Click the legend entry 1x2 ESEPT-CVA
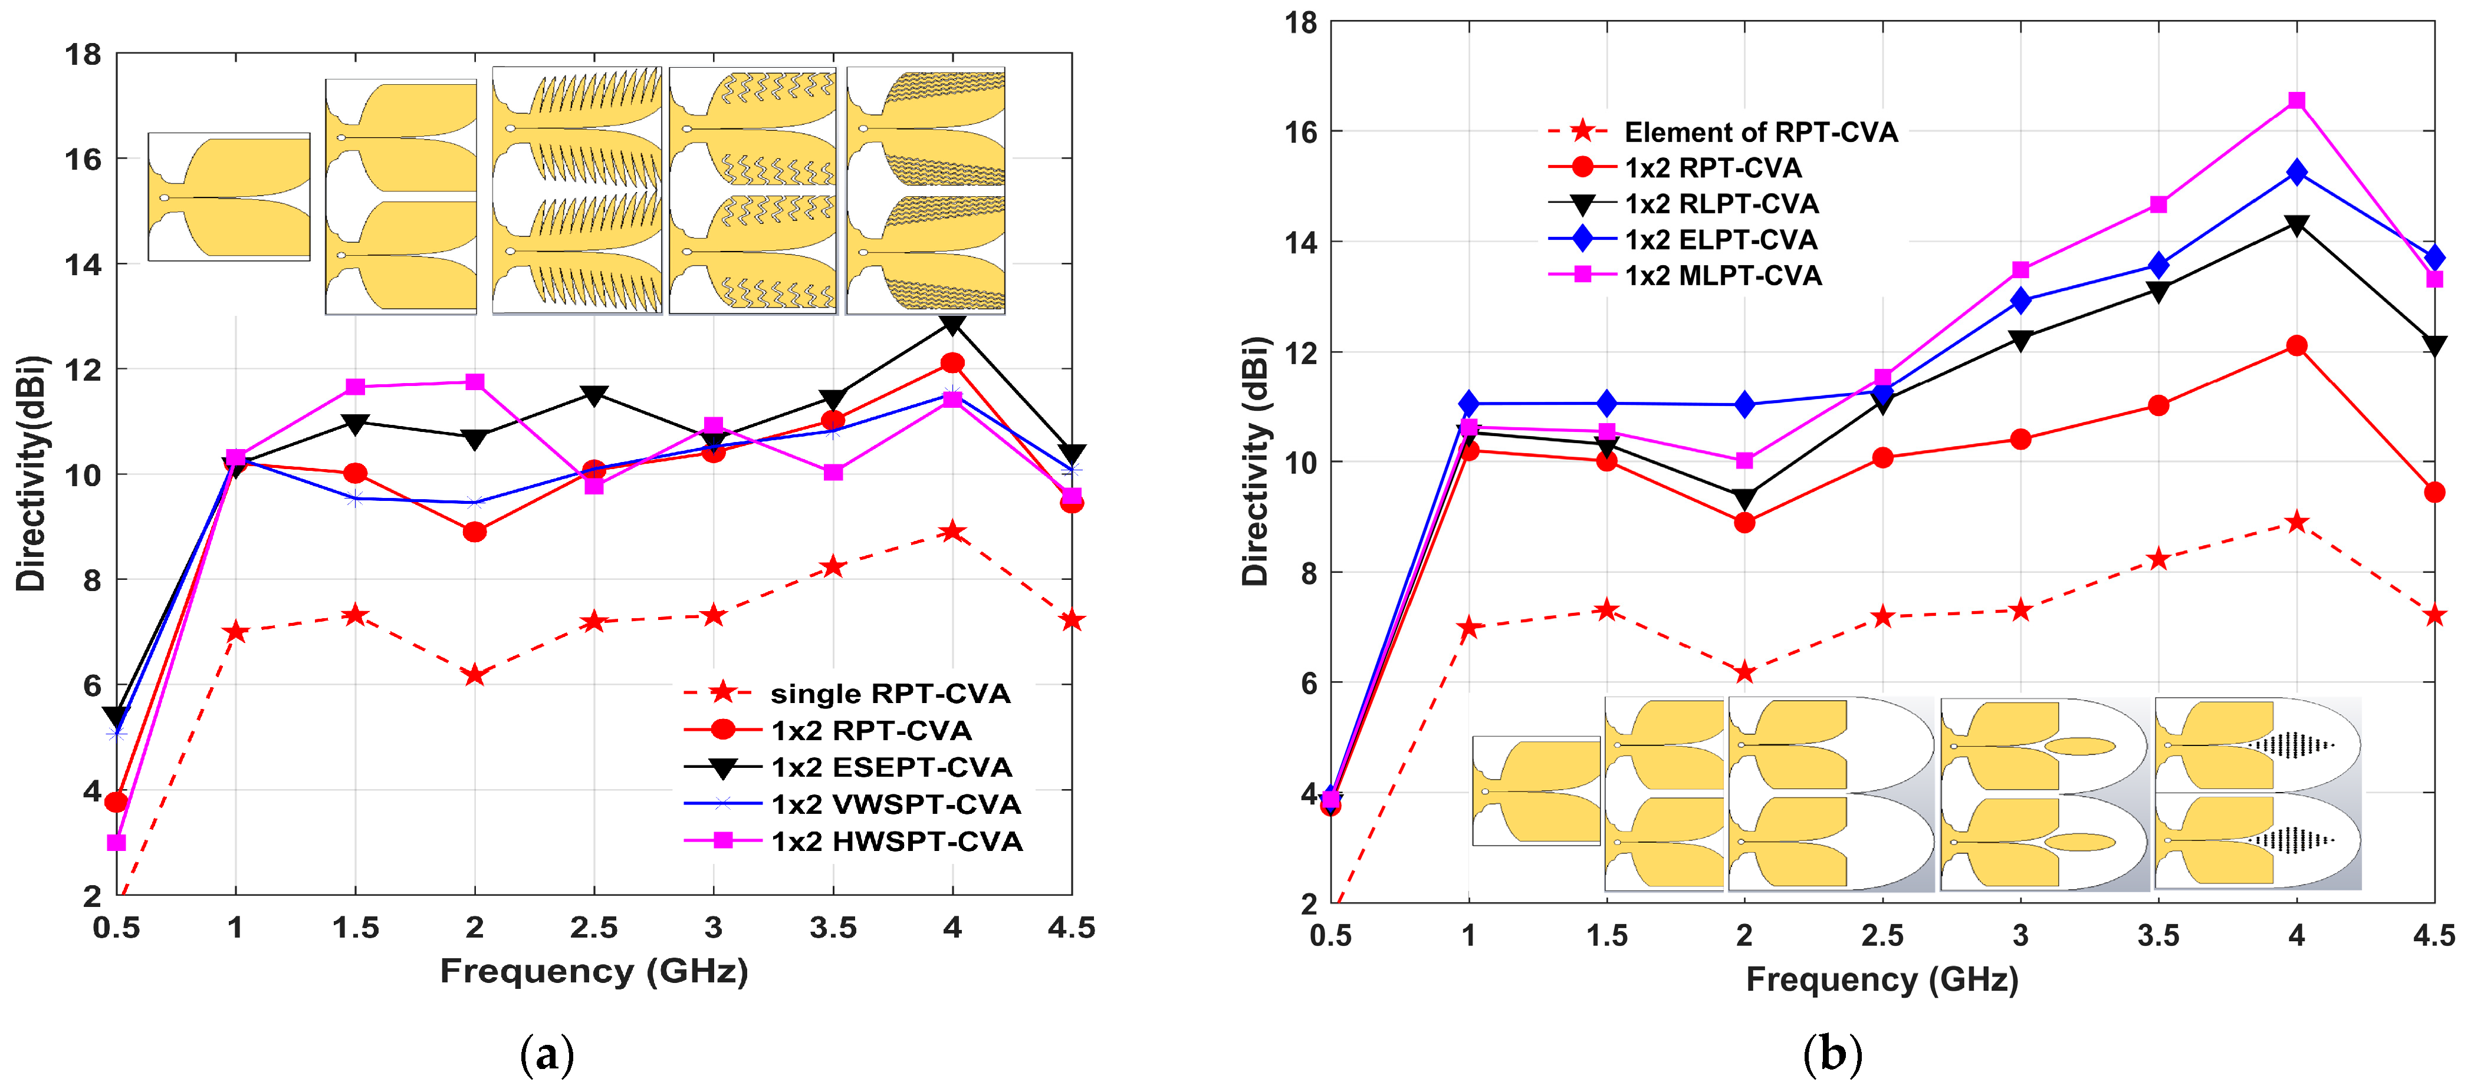[848, 767]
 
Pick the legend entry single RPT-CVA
[847, 693]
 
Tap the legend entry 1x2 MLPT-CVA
[1684, 276]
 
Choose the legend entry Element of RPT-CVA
[1723, 131]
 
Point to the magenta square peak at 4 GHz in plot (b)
[2296, 101]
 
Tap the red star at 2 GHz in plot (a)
[474, 675]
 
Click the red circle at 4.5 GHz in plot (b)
[2434, 493]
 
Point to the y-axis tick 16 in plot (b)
[1301, 131]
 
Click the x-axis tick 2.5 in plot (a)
[594, 928]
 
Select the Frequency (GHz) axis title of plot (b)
[1882, 980]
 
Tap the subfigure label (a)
[547, 1055]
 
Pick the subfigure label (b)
[1833, 1055]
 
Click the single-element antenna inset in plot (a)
[229, 197]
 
